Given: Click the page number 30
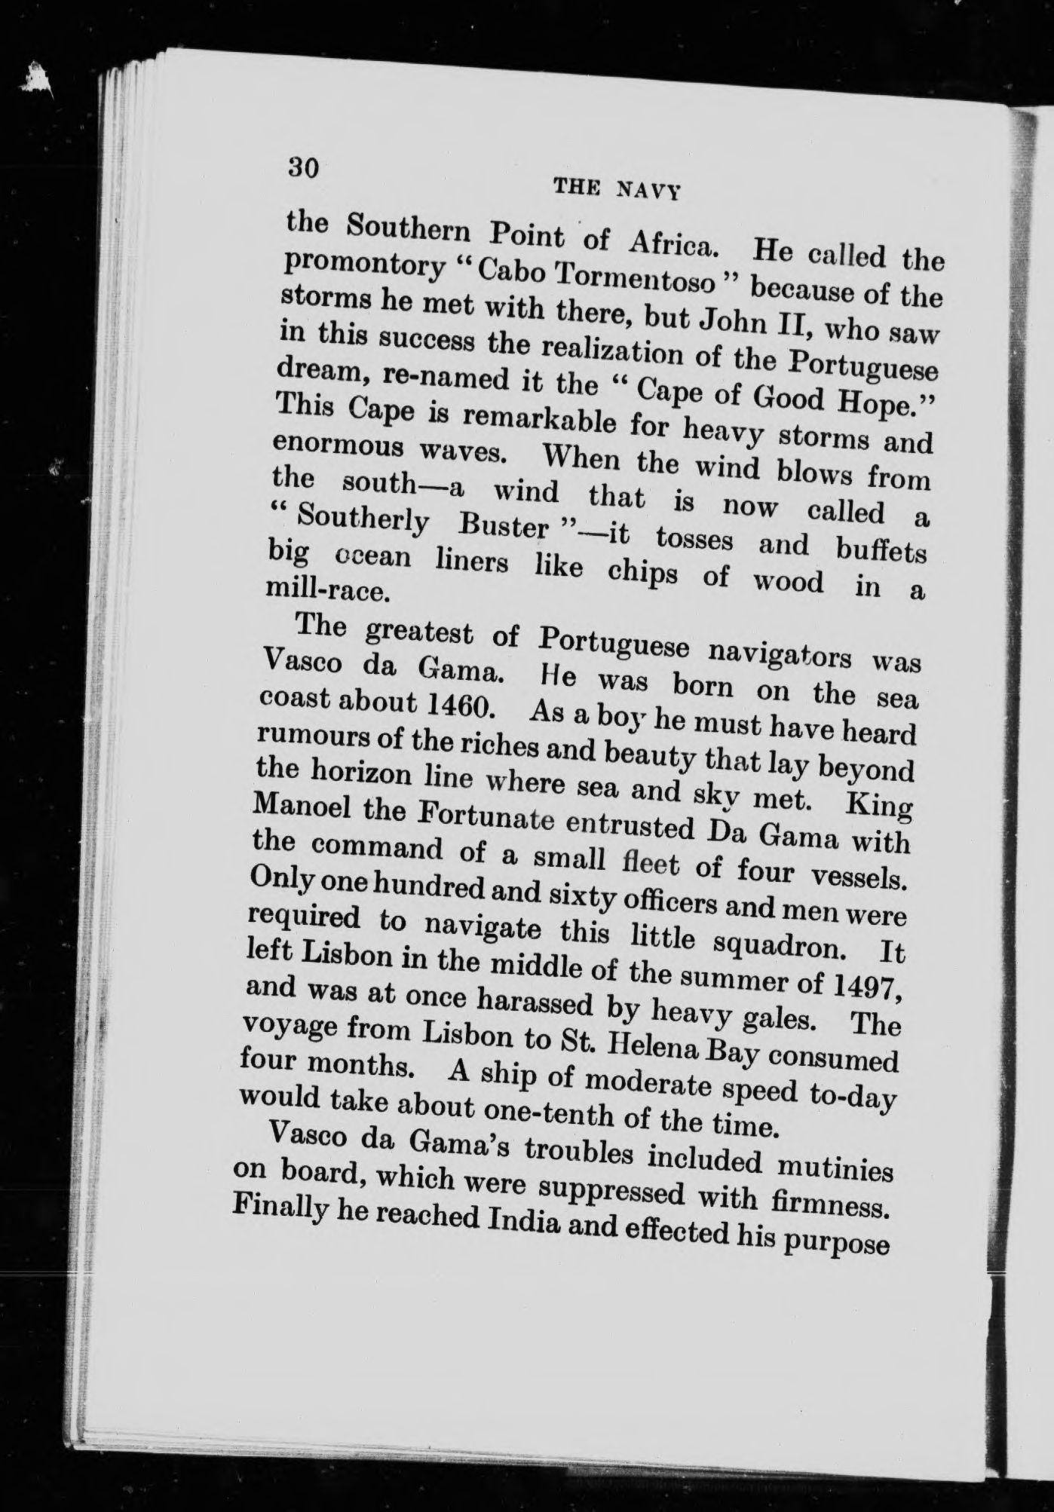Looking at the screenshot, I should tap(305, 166).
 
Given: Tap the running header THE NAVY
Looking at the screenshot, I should tap(617, 189).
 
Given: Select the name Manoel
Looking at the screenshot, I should tap(304, 811).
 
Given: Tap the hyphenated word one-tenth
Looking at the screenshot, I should tap(550, 1115).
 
